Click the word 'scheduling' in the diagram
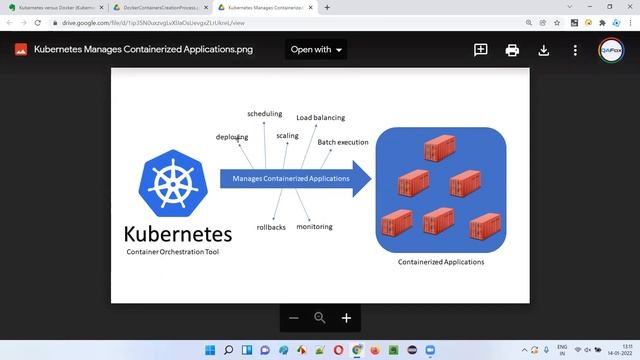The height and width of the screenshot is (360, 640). [x=264, y=114]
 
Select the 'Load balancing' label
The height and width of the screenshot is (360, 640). [x=320, y=118]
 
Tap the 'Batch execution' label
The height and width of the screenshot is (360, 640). [x=343, y=142]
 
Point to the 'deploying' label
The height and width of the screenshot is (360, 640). [x=232, y=137]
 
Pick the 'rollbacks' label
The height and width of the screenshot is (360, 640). [x=271, y=227]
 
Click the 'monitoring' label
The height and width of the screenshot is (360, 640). [x=314, y=226]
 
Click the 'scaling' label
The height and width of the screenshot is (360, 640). [x=287, y=135]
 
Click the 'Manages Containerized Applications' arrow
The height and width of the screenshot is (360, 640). [x=293, y=179]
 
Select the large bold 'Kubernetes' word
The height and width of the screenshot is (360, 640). [x=178, y=235]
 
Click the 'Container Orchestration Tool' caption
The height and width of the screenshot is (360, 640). [x=173, y=252]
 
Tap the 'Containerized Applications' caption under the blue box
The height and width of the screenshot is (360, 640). [x=441, y=262]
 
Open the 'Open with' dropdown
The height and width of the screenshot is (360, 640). [x=316, y=49]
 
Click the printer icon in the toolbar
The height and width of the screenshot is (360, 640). [x=512, y=49]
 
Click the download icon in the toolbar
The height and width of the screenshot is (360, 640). [x=544, y=49]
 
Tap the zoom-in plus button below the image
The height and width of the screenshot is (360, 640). [x=346, y=318]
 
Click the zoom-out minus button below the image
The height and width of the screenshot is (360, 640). [x=294, y=318]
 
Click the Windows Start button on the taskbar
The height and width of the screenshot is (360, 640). [x=210, y=350]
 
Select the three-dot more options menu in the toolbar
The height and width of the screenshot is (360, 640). [x=575, y=49]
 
